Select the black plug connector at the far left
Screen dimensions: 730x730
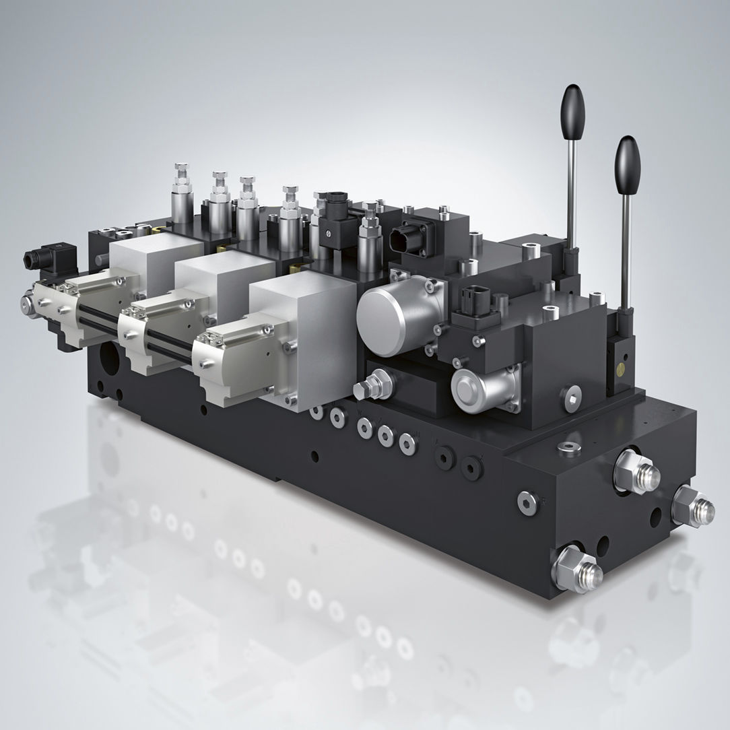pos(41,259)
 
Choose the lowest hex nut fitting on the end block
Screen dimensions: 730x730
pos(577,569)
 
